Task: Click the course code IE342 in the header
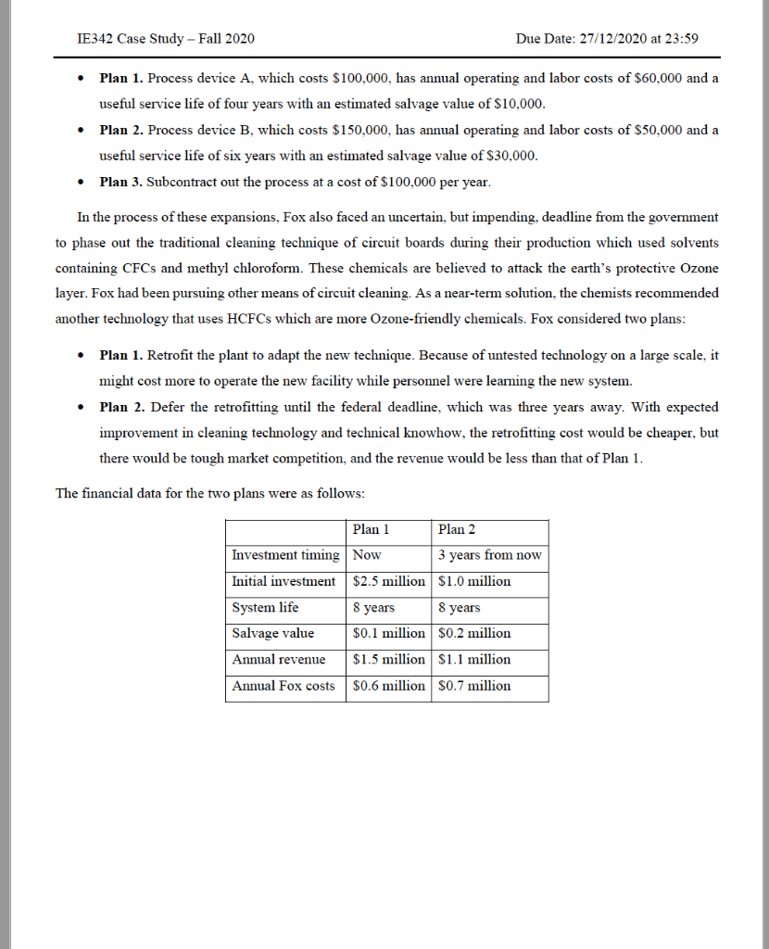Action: click(x=99, y=39)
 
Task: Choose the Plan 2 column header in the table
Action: click(x=457, y=530)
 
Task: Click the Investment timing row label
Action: click(x=285, y=556)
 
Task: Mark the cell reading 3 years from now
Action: click(x=489, y=556)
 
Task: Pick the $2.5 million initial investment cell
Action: click(x=388, y=582)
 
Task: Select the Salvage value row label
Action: click(x=272, y=634)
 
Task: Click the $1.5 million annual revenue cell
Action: click(x=388, y=660)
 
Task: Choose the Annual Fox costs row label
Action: click(x=283, y=686)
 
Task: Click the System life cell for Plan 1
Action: click(x=373, y=608)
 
